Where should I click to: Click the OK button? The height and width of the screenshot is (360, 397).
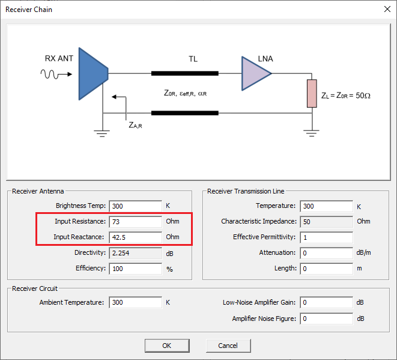pyautogui.click(x=166, y=346)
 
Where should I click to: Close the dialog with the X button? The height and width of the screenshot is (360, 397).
pyautogui.click(x=386, y=10)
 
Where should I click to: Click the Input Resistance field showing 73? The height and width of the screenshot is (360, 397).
pyautogui.click(x=136, y=222)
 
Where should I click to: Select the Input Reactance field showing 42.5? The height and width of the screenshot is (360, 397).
pyautogui.click(x=136, y=237)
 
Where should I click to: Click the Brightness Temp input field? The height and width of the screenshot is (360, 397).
pyautogui.click(x=136, y=206)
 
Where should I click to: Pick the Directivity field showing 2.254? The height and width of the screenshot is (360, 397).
pyautogui.click(x=136, y=253)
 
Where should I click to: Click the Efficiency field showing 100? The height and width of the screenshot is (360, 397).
pyautogui.click(x=136, y=269)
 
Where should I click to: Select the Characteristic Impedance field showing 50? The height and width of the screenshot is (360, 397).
pyautogui.click(x=326, y=222)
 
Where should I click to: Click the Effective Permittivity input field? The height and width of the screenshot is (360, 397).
pyautogui.click(x=326, y=237)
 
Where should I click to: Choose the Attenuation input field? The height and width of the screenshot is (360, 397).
pyautogui.click(x=326, y=253)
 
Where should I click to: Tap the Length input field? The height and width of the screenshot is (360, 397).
pyautogui.click(x=326, y=269)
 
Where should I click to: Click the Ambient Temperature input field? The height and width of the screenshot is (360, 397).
pyautogui.click(x=136, y=302)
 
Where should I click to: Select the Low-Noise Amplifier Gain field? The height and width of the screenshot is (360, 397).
pyautogui.click(x=326, y=302)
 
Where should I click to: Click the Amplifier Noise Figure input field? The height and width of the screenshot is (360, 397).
pyautogui.click(x=326, y=318)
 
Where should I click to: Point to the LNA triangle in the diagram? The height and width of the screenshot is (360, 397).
pyautogui.click(x=255, y=74)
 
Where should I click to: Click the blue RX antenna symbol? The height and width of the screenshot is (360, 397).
pyautogui.click(x=92, y=74)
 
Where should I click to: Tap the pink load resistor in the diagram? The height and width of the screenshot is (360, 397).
pyautogui.click(x=311, y=93)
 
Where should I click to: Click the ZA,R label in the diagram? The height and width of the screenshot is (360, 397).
pyautogui.click(x=135, y=125)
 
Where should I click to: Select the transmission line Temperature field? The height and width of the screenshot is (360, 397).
pyautogui.click(x=326, y=206)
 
